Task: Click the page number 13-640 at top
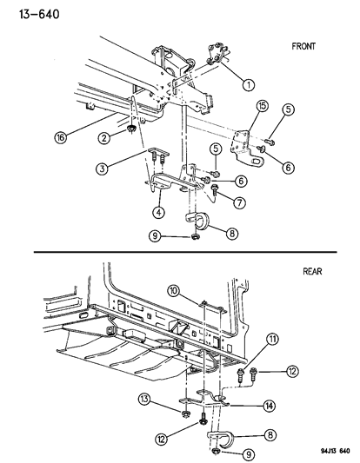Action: [x=39, y=14]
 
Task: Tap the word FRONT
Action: [x=303, y=46]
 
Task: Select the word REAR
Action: [x=312, y=271]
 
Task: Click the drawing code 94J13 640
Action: [x=336, y=451]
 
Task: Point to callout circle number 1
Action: [x=249, y=85]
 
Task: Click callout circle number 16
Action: [x=61, y=137]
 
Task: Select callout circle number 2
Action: [x=103, y=138]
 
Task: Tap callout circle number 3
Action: [x=102, y=169]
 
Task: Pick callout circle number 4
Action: [x=159, y=212]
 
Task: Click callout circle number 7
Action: [x=239, y=202]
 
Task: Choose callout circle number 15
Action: [x=262, y=106]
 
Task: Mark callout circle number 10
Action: [x=174, y=291]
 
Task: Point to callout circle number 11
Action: [x=272, y=340]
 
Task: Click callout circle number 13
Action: [x=144, y=400]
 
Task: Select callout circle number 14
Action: [x=270, y=407]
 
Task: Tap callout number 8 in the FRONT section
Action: [x=232, y=234]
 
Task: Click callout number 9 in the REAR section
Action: [x=249, y=454]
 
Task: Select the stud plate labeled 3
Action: [x=158, y=155]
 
